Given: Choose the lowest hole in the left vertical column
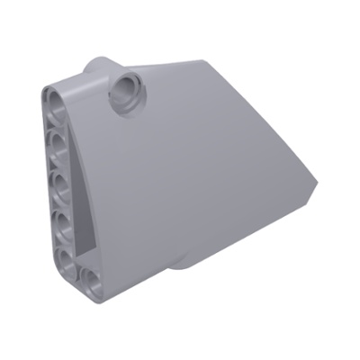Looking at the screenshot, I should (x=67, y=258).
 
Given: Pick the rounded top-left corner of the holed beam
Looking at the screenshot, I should (x=49, y=90).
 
